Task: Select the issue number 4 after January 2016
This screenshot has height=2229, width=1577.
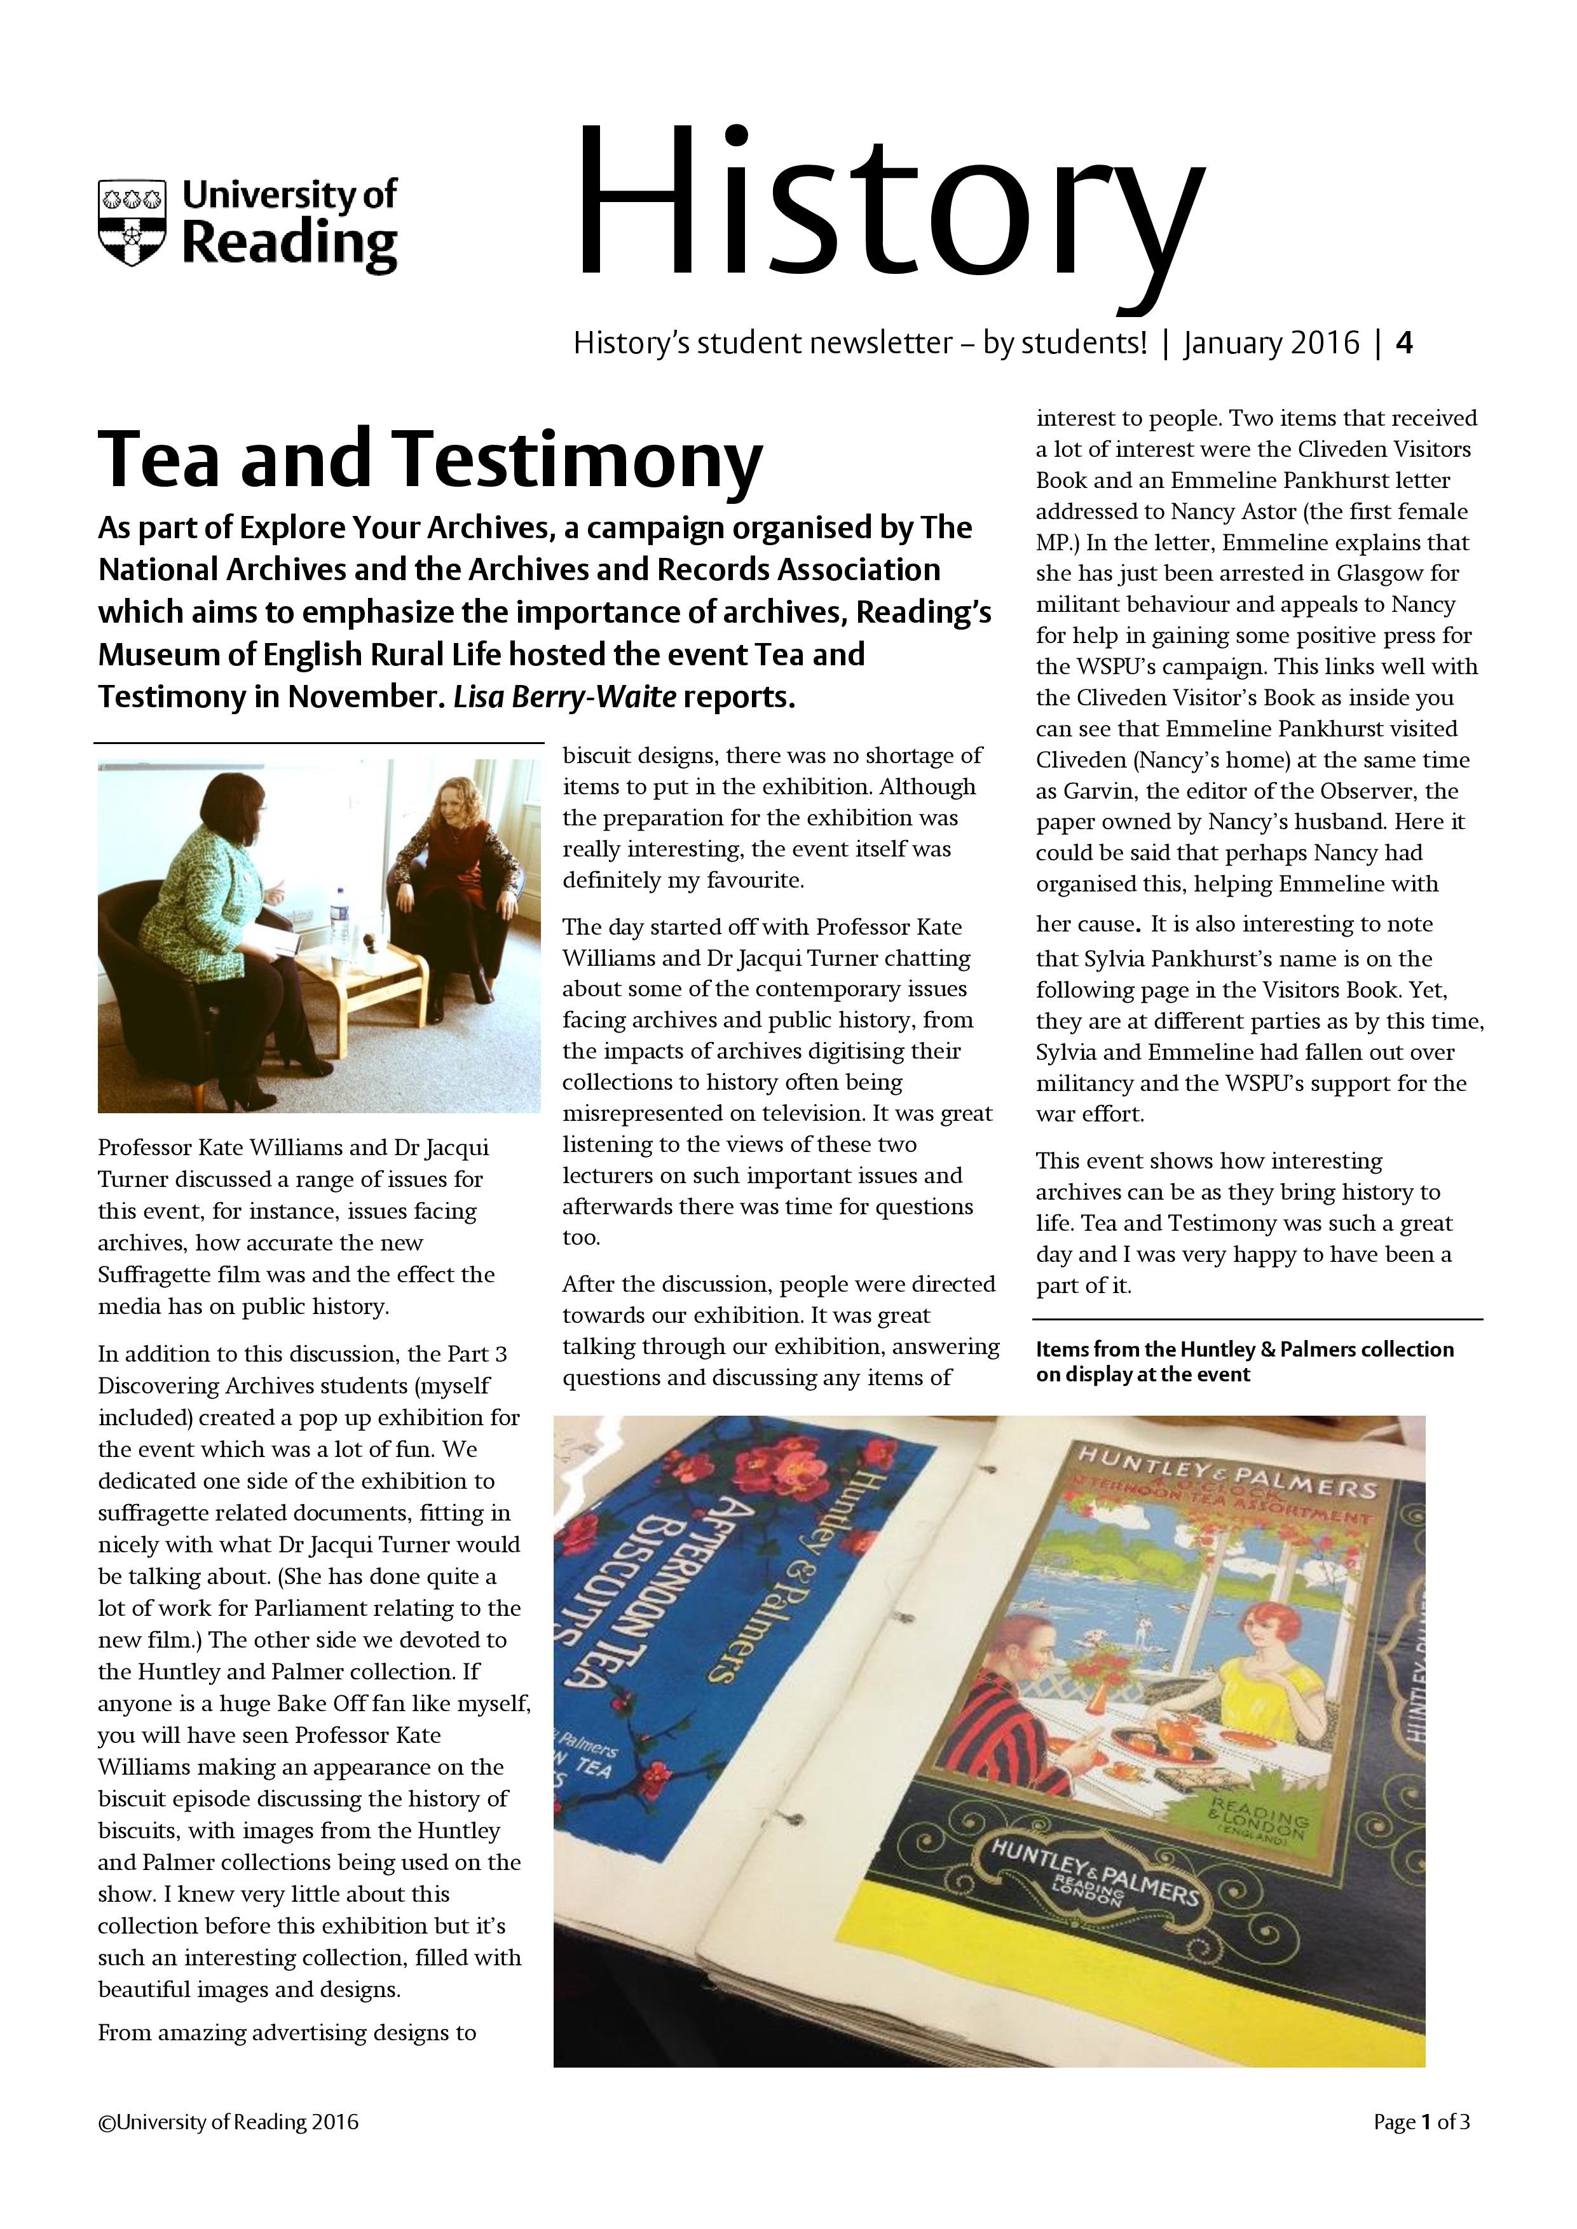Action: coord(1403,342)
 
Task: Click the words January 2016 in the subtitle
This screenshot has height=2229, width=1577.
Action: coord(1271,342)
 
